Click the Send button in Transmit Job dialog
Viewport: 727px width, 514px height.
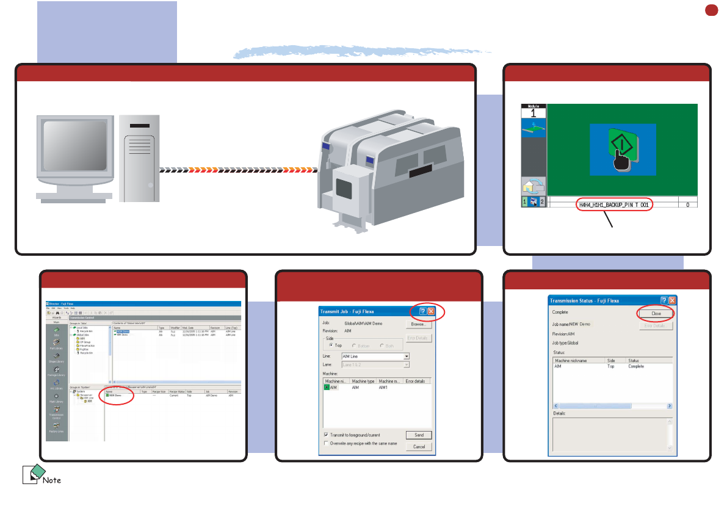pos(419,435)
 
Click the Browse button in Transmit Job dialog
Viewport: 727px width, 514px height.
pos(419,325)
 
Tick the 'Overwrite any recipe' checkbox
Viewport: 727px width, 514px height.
pos(326,443)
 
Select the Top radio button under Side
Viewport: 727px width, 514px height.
pos(330,346)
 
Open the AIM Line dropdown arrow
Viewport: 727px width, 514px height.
pos(407,356)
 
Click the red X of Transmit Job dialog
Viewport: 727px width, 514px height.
pos(430,312)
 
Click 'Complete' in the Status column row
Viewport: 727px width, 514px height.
pos(636,366)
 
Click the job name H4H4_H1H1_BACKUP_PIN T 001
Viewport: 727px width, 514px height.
pos(614,205)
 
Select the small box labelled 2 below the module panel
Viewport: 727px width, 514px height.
pos(541,202)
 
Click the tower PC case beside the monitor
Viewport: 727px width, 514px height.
pos(139,158)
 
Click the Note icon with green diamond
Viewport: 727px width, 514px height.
pos(32,474)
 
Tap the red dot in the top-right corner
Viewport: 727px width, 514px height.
pos(711,10)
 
